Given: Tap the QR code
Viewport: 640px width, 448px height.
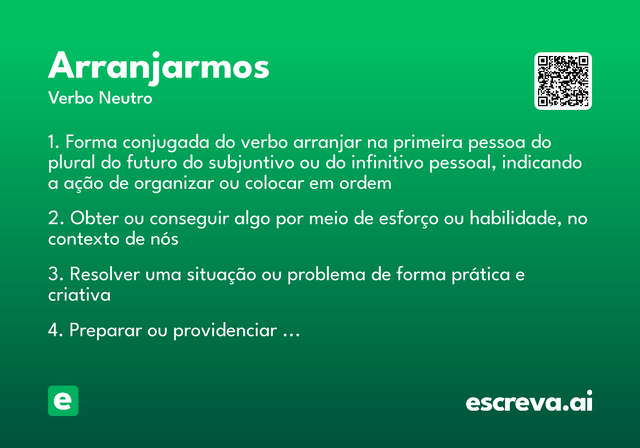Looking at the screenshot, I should (x=563, y=81).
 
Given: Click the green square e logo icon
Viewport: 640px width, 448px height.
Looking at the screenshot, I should (x=63, y=401).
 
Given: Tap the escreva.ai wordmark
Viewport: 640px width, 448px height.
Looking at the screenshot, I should (x=529, y=402).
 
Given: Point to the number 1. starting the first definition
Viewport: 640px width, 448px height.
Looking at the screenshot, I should (x=54, y=143).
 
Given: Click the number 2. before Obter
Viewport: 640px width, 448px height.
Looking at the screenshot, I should (x=56, y=219).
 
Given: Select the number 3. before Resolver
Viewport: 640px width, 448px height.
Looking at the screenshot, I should (x=56, y=275).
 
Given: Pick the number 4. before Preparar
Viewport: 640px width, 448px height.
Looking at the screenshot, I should (x=56, y=331).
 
